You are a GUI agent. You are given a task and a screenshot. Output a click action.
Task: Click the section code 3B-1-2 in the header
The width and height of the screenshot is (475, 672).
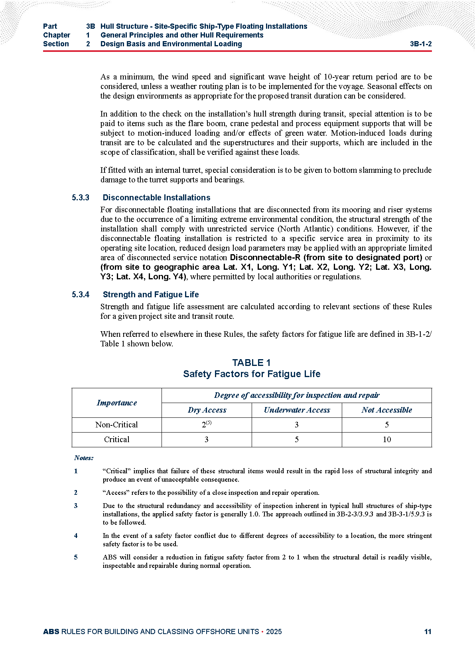420,44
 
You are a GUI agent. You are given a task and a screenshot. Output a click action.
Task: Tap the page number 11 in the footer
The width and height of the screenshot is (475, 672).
428,631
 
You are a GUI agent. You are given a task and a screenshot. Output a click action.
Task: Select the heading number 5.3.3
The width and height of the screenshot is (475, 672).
81,198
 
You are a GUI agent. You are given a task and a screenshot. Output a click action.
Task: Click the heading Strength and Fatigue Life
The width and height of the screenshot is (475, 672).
151,294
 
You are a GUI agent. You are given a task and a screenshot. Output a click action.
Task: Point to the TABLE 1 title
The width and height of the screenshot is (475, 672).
251,363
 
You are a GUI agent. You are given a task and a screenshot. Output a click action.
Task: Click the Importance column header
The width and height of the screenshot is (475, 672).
116,403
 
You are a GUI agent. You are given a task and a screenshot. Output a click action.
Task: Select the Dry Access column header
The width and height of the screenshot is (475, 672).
207,410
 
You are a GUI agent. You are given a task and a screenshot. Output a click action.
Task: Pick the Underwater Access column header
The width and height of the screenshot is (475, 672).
297,410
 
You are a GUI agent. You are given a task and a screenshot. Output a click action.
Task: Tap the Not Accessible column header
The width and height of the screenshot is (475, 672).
386,410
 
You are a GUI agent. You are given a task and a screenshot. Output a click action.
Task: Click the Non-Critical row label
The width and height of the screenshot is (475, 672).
116,425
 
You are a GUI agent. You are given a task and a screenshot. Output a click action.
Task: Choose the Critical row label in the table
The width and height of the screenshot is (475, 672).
116,439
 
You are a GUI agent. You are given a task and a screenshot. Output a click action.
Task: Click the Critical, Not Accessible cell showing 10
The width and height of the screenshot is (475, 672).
386,439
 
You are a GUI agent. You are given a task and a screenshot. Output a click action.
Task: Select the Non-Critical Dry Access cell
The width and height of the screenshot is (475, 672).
207,425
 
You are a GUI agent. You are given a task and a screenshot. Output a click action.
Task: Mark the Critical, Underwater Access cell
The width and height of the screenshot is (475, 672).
297,439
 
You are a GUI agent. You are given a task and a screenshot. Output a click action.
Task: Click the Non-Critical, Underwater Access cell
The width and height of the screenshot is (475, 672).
297,425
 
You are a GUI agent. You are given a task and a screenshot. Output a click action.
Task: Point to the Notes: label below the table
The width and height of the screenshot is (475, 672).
84,458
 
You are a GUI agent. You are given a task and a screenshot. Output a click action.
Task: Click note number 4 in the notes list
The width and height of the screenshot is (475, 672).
76,536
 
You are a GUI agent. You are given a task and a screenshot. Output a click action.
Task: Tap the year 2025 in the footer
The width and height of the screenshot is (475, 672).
274,631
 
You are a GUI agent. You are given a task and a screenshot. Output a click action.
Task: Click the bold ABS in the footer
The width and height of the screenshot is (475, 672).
51,631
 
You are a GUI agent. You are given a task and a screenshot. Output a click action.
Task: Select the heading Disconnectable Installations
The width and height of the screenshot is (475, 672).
156,198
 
